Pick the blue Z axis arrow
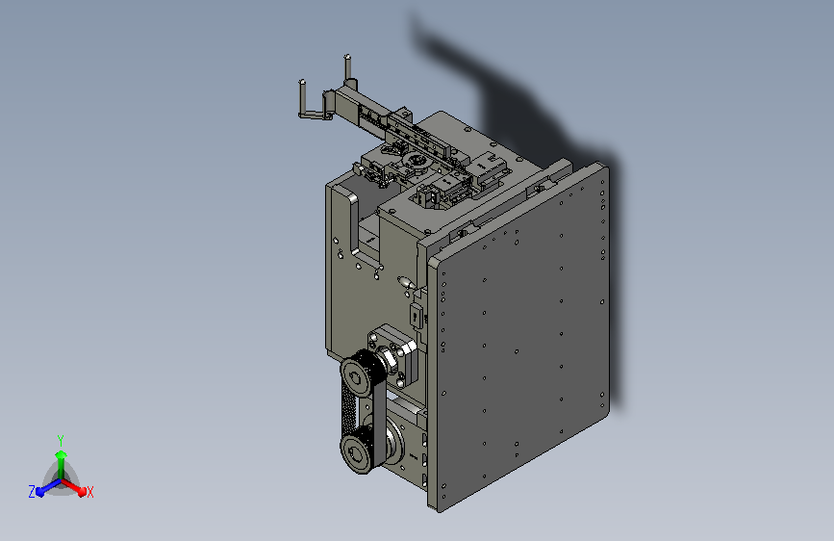point(44,490)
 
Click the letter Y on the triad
point(61,438)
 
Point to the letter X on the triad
point(90,493)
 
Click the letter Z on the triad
point(32,492)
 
